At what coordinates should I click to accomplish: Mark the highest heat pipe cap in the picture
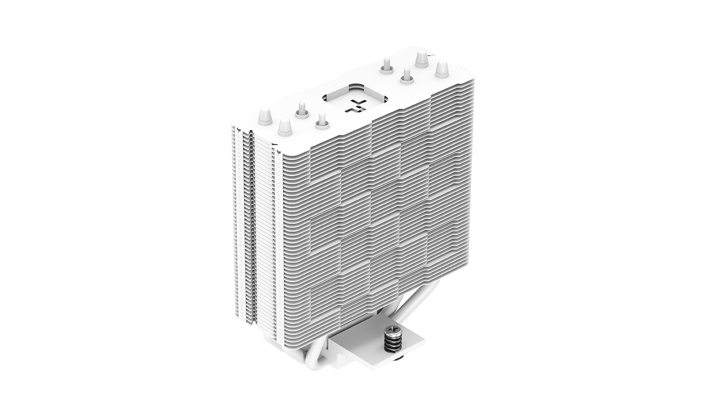click(420, 59)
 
